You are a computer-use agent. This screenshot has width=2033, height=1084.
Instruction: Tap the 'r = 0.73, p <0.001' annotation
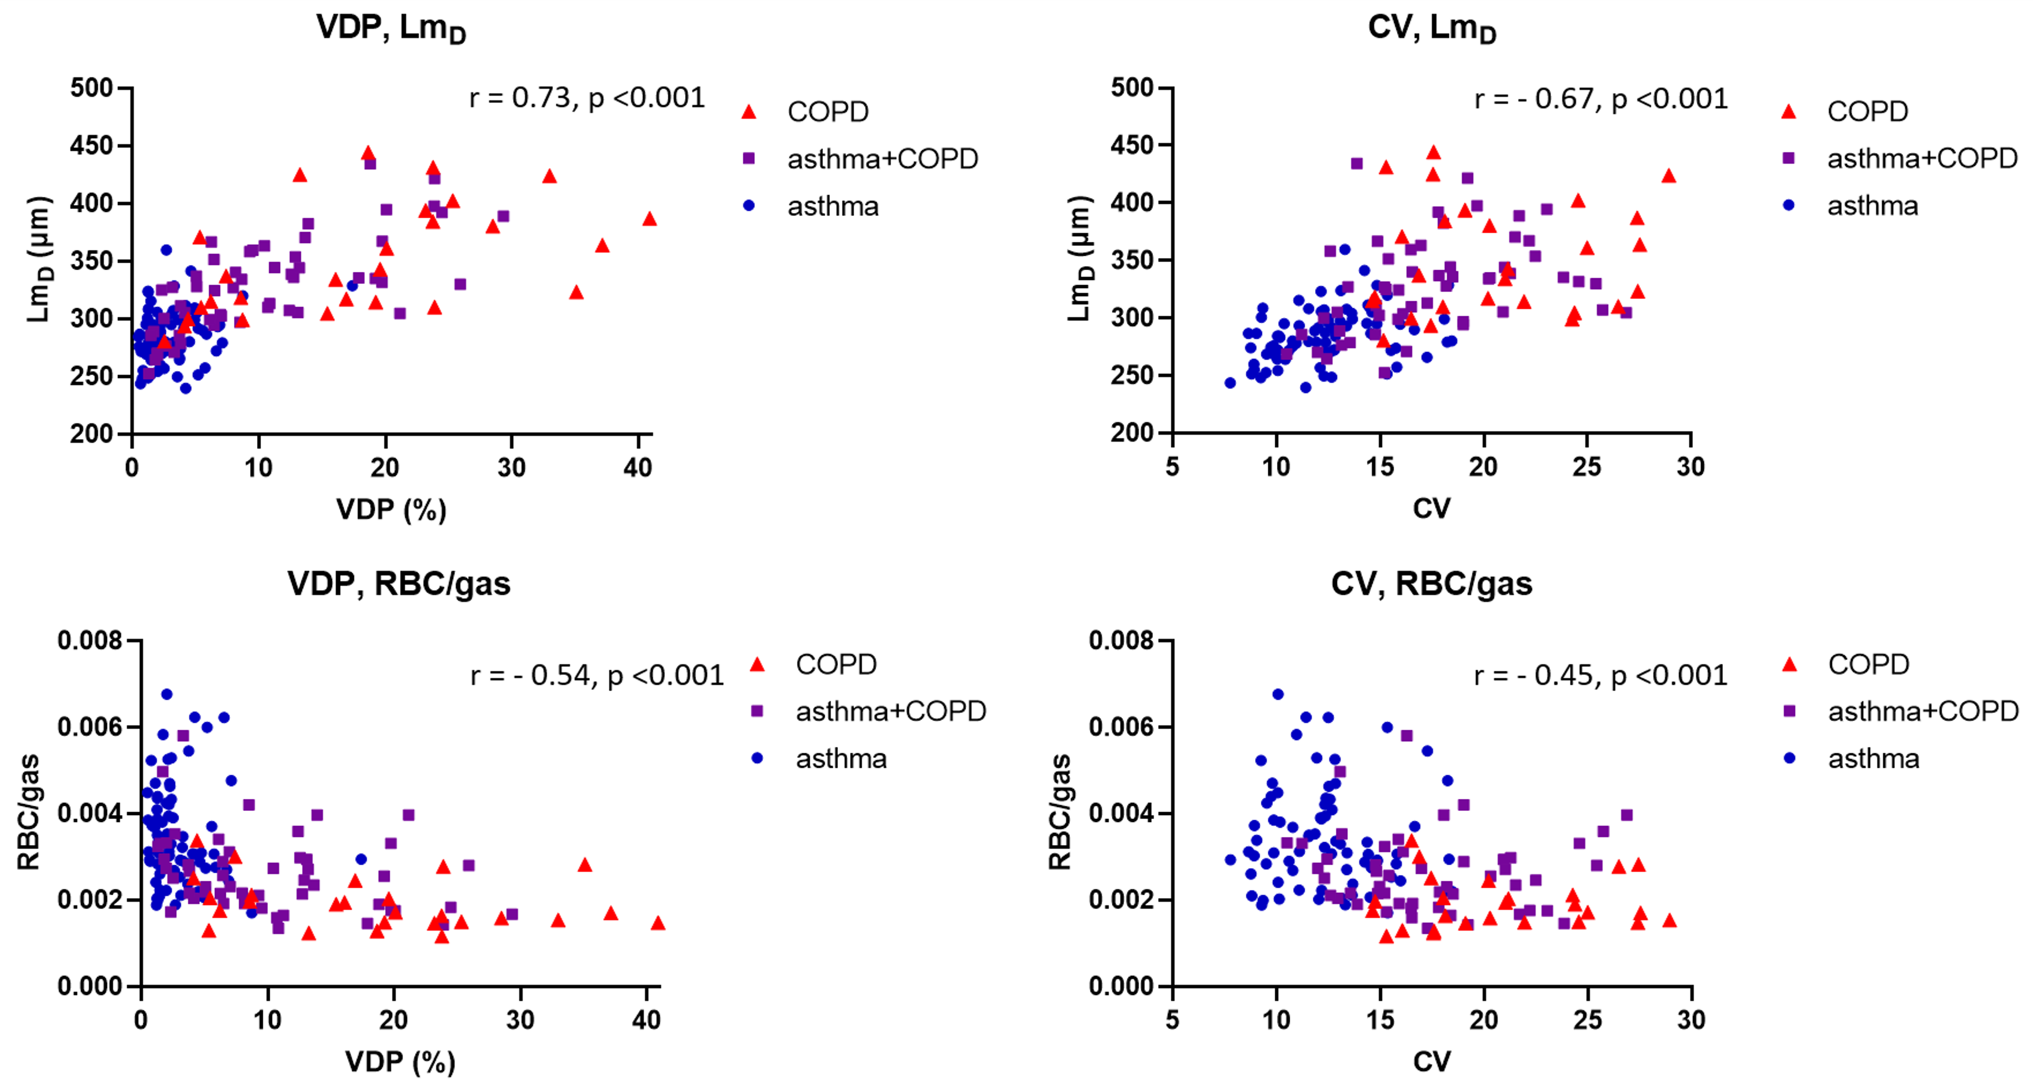[x=586, y=98]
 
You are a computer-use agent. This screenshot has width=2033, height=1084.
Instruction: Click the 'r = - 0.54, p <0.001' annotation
[x=597, y=675]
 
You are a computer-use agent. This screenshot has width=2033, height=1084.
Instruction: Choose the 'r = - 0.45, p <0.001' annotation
[x=1600, y=675]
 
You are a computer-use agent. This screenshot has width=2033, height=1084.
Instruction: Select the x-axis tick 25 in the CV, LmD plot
[x=1587, y=467]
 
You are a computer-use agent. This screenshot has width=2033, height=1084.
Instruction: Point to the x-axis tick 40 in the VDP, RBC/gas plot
[x=646, y=1020]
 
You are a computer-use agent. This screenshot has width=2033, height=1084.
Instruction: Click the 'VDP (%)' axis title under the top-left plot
[x=392, y=510]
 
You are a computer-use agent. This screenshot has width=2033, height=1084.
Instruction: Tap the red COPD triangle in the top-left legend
[x=749, y=112]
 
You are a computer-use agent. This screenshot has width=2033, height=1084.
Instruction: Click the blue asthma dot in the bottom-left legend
[x=757, y=758]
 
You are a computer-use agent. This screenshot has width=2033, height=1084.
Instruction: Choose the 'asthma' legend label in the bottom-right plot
[x=1874, y=759]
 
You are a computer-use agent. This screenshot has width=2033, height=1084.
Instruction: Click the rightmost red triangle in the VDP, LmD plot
[x=650, y=219]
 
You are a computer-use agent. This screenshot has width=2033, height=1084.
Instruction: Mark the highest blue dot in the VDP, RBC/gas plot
[x=166, y=694]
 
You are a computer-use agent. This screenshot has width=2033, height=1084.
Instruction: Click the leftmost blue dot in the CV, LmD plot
[x=1230, y=383]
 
